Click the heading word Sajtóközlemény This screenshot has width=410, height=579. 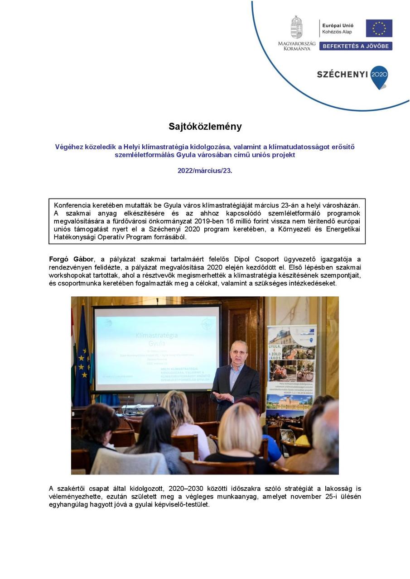click(x=205, y=127)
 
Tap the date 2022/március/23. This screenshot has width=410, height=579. click(x=205, y=171)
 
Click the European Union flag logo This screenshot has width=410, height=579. click(x=379, y=28)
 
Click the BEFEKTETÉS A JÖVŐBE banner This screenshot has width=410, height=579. click(x=356, y=46)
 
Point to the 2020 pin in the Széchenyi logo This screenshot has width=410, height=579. click(x=379, y=76)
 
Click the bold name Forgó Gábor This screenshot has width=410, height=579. click(x=71, y=259)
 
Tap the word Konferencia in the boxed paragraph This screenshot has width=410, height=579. click(x=72, y=205)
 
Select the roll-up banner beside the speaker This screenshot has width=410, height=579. click(x=291, y=371)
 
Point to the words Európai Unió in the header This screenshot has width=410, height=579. click(x=338, y=26)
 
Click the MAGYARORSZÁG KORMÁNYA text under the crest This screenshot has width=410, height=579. click(x=297, y=45)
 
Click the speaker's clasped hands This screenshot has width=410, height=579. click(x=222, y=396)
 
